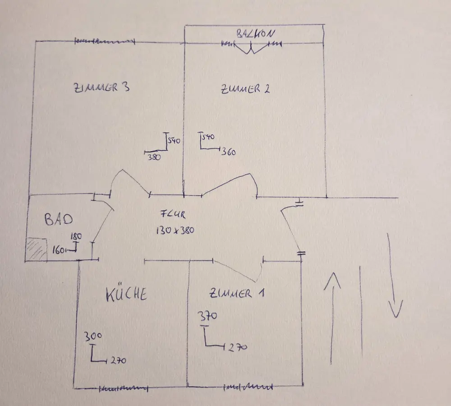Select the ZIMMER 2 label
coord(245,88)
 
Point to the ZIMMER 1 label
coord(237,294)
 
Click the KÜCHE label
coord(126,294)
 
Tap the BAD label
coord(59,220)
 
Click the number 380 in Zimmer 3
coord(154,157)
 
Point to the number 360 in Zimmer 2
coord(229,152)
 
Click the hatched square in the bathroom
coord(37,249)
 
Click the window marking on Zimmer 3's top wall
coord(105,42)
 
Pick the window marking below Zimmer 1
coord(249,387)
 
